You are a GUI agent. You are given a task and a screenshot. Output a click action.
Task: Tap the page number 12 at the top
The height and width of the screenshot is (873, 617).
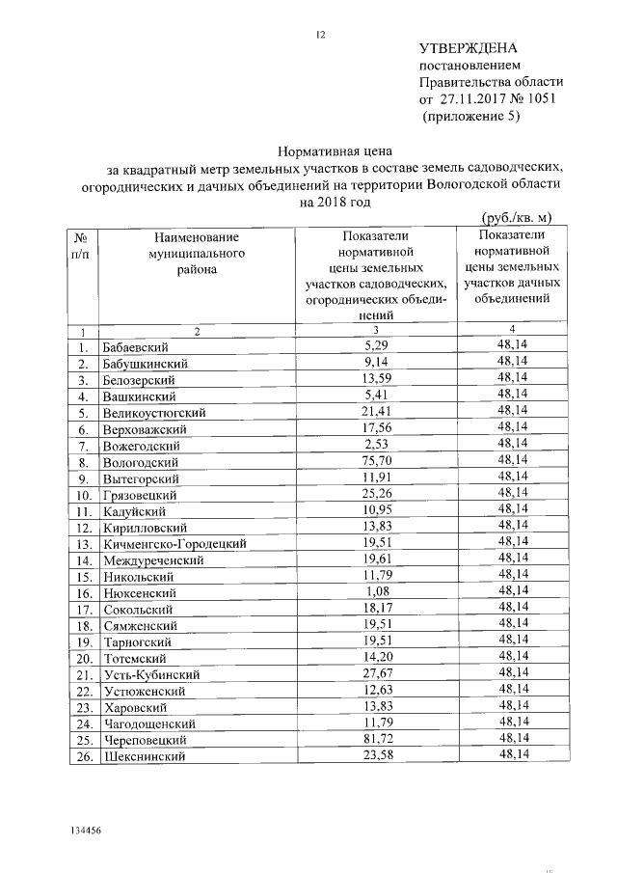[x=322, y=36]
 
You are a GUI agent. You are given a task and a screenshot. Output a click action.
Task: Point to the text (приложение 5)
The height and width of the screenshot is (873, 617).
[x=470, y=117]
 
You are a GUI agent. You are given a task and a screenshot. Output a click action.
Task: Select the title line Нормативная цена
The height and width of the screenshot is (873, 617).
[x=323, y=151]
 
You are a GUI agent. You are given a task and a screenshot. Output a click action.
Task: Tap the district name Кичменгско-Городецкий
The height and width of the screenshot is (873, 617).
[x=174, y=544]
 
